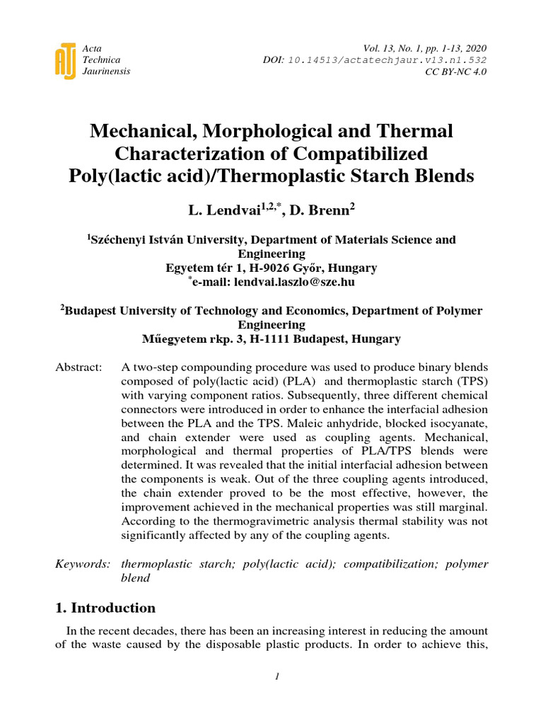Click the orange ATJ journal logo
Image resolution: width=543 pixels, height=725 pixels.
tap(65, 60)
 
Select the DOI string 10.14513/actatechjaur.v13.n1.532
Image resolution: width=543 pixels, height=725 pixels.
tap(387, 60)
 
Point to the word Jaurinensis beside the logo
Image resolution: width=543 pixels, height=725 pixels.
tap(107, 72)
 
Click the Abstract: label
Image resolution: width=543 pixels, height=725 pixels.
tap(78, 367)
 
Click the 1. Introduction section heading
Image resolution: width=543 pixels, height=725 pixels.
tap(105, 608)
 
